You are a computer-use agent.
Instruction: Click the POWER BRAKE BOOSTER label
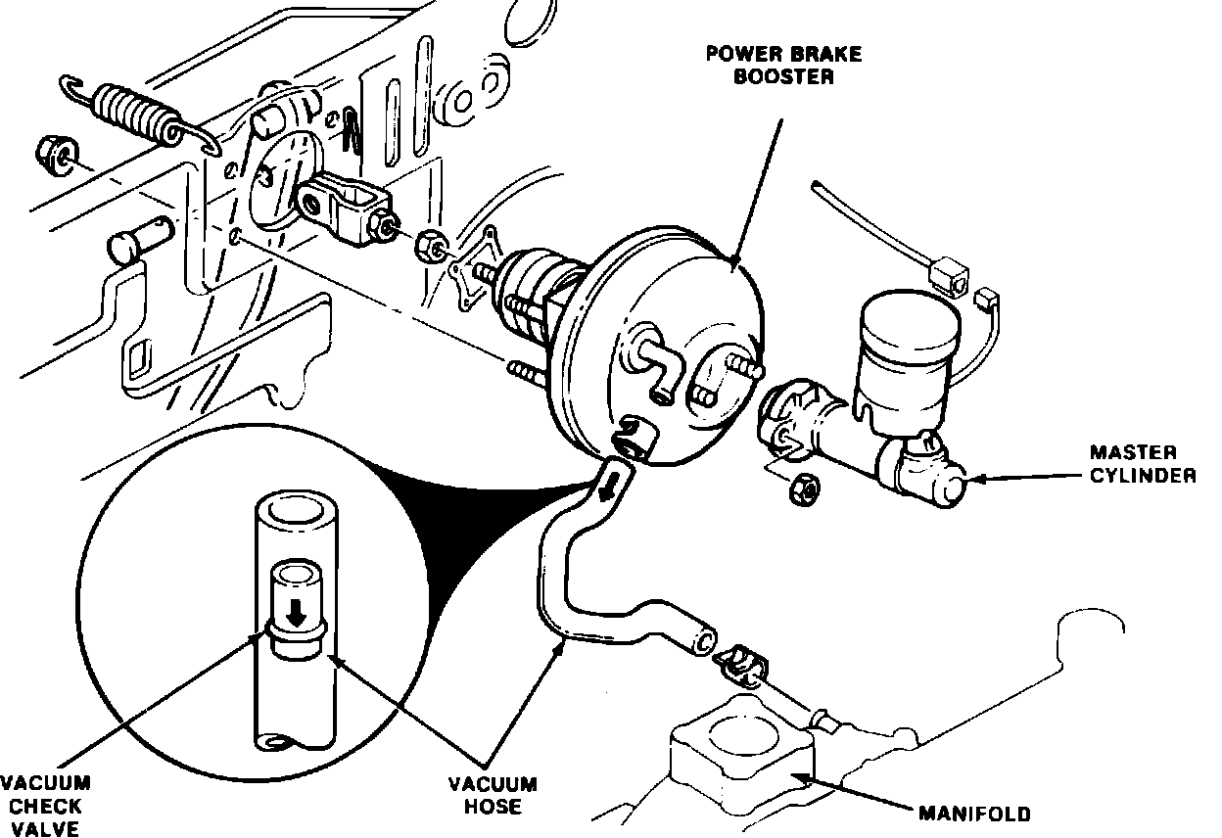click(770, 65)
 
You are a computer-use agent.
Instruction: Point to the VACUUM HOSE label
click(493, 795)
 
